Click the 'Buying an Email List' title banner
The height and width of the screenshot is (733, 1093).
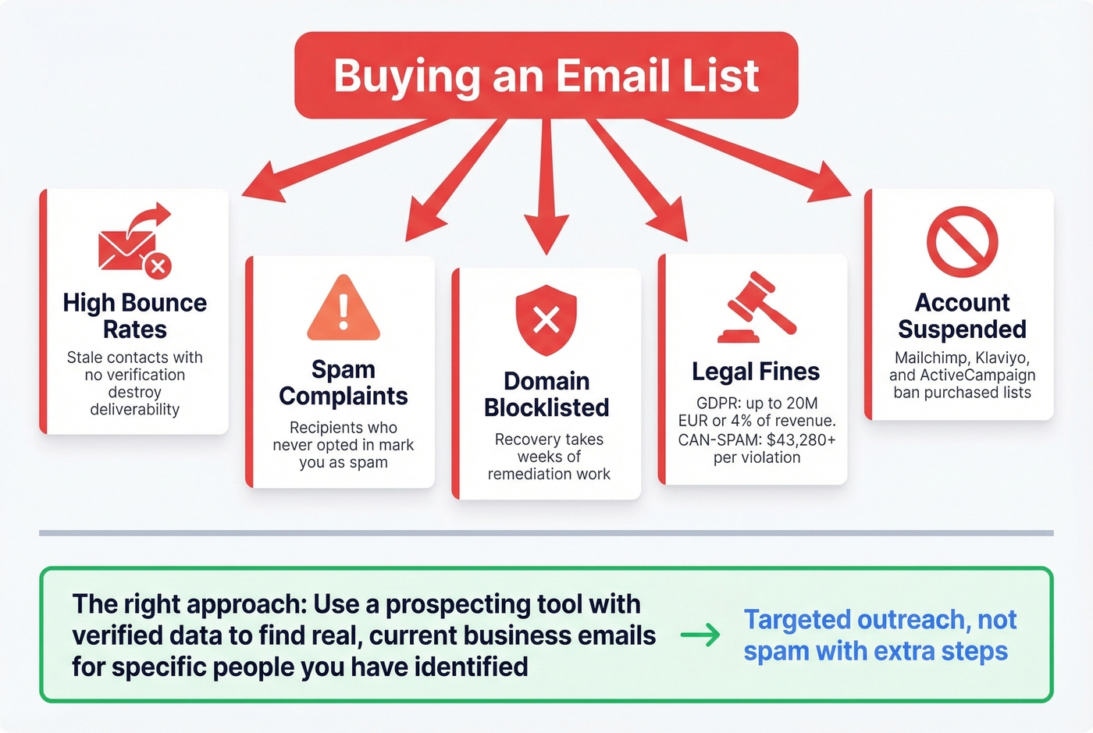click(546, 76)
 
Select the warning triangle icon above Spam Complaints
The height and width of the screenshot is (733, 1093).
click(344, 309)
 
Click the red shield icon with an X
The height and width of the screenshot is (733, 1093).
click(546, 318)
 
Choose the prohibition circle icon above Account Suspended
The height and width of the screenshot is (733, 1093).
click(962, 241)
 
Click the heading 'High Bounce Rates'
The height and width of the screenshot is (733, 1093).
click(134, 315)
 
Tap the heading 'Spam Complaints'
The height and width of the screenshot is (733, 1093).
click(343, 383)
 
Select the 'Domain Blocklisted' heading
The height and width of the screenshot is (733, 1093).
click(546, 394)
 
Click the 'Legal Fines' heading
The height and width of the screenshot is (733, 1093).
click(756, 372)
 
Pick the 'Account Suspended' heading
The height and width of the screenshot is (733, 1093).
click(962, 315)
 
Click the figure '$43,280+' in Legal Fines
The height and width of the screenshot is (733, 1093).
click(801, 440)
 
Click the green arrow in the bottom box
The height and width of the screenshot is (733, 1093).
click(700, 635)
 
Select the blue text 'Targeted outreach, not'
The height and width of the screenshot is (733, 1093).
click(880, 620)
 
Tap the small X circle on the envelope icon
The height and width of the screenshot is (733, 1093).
click(158, 266)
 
